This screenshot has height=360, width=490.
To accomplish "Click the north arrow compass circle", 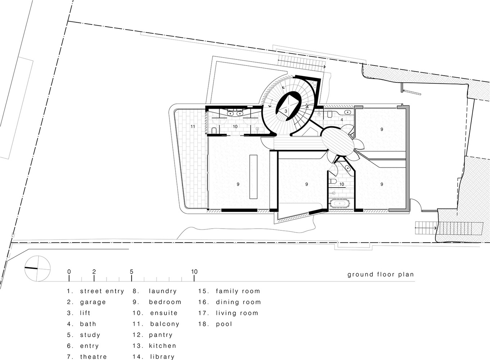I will [37, 269].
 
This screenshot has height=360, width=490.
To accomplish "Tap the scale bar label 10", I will [194, 272].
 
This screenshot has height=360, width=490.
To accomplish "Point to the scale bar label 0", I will [69, 272].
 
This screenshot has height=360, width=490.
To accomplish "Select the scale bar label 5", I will [131, 272].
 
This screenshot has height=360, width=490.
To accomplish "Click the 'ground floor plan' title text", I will [381, 275].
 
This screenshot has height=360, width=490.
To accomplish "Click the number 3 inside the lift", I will [286, 111].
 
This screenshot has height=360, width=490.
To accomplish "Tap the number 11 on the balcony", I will [193, 127].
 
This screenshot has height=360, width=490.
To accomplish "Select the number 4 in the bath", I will [341, 120].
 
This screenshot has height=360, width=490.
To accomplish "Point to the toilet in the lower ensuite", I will [333, 181].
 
